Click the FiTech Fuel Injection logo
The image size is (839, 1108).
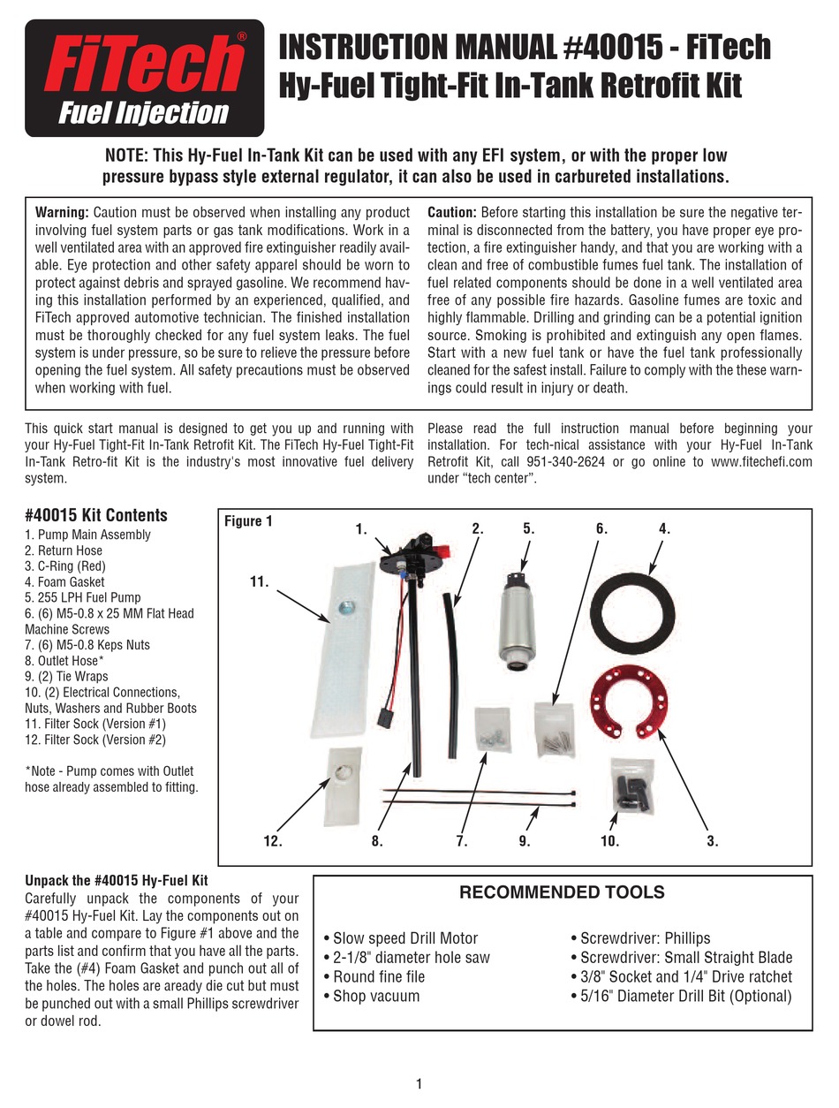coord(145,79)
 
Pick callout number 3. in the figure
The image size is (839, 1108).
coord(712,841)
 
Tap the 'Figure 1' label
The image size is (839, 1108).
coord(249,521)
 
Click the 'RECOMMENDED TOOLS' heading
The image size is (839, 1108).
coord(562,892)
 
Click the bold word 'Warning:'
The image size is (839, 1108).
coord(62,212)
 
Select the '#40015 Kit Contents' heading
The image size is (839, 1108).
coord(96,515)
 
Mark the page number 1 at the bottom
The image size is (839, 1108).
coord(419,1084)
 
